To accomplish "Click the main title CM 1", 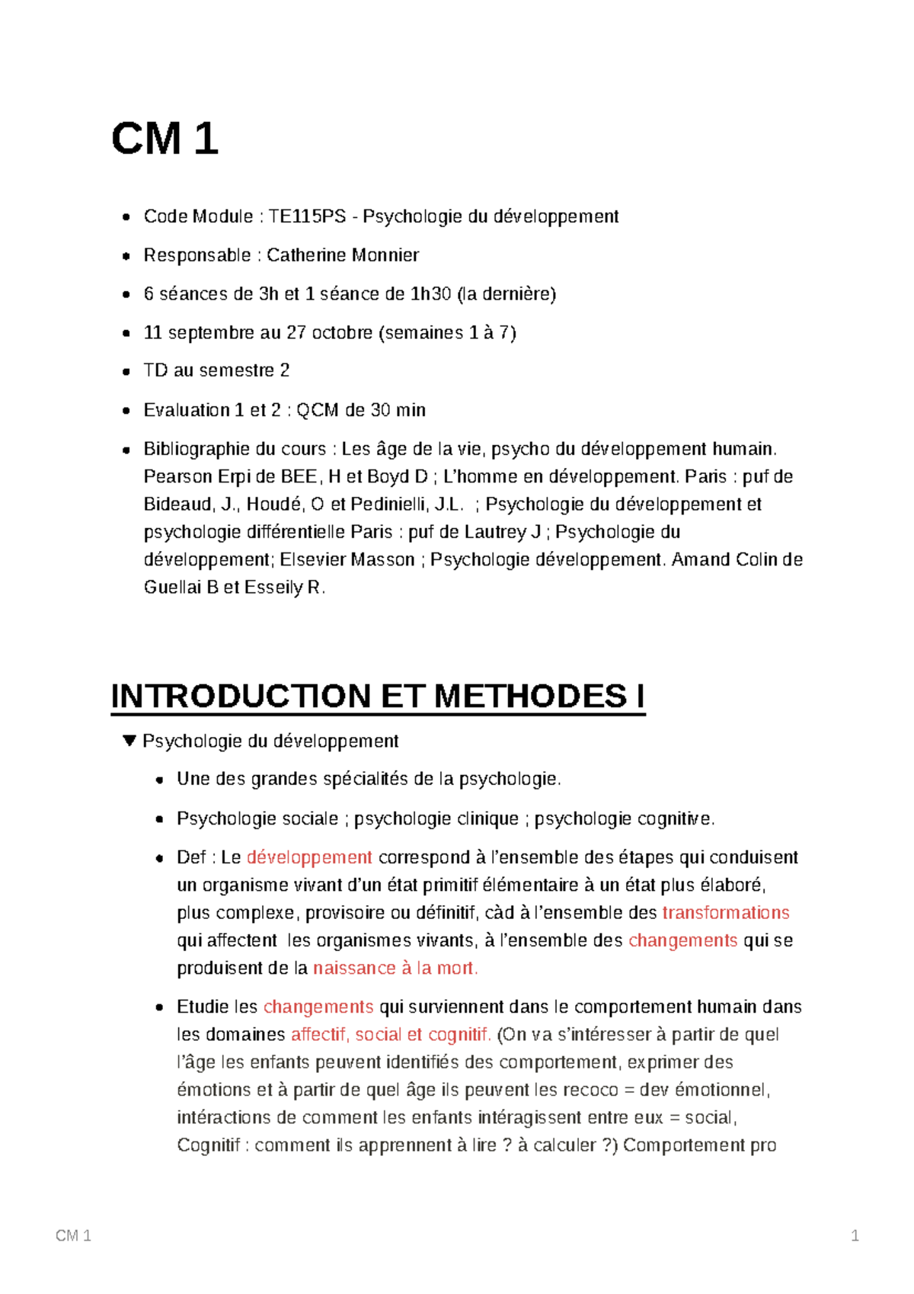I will (165, 139).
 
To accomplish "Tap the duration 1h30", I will (430, 294).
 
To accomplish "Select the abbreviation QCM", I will (317, 410).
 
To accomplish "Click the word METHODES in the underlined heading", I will (530, 697).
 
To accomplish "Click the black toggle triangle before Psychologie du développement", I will (129, 741).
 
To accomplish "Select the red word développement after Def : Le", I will (309, 857).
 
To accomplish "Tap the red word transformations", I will (725, 913).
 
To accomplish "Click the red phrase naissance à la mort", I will (395, 969).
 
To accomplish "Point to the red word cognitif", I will (459, 1035).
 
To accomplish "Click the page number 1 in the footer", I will (855, 1236).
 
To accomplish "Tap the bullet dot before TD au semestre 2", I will (126, 372).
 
